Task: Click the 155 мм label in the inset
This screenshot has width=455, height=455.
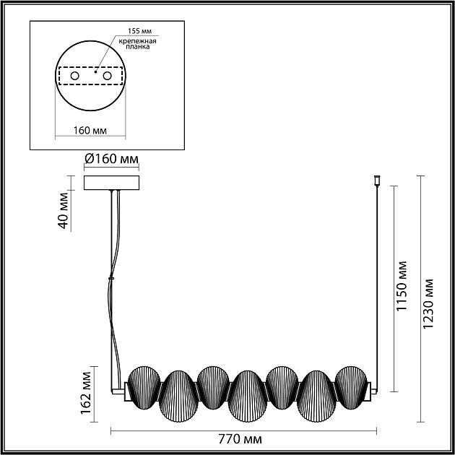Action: click(139, 31)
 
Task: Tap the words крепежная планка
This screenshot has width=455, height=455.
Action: click(137, 43)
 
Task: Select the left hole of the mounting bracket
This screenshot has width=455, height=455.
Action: click(75, 76)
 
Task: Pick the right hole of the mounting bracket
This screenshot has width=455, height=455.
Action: click(107, 76)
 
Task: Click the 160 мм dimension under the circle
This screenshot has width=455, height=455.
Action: click(90, 131)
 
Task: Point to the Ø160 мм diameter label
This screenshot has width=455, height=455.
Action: click(111, 159)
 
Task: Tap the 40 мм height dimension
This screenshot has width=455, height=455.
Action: click(64, 210)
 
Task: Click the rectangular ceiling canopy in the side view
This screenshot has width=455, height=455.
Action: click(111, 183)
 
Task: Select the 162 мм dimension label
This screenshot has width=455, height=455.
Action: click(86, 393)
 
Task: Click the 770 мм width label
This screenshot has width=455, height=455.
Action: click(240, 439)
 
